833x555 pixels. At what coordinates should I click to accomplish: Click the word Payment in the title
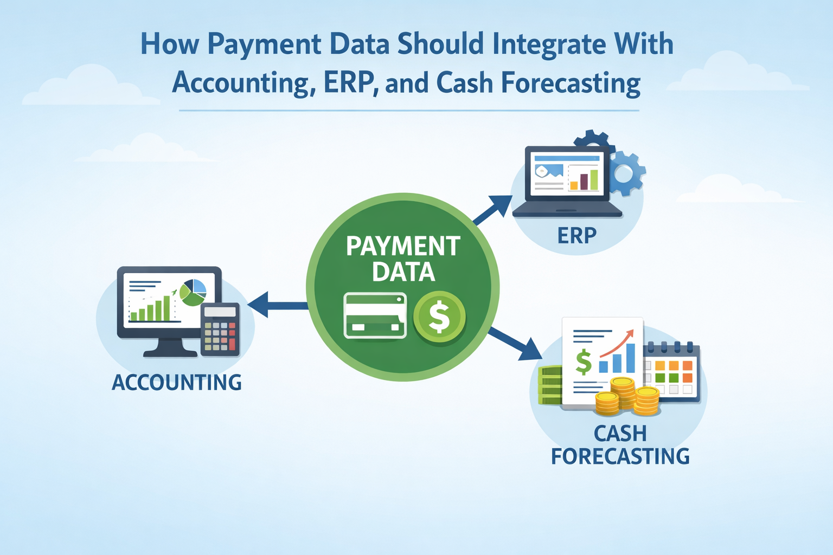coord(264,44)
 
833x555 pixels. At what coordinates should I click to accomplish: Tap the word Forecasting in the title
coord(571,83)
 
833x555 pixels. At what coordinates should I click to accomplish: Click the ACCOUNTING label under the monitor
coord(177,382)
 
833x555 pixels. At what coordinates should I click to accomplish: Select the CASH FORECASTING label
coord(620,444)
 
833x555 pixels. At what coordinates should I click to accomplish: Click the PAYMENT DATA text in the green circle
coord(403,259)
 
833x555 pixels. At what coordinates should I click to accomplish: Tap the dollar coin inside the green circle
coord(439,317)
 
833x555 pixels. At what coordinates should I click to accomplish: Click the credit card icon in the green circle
coord(375,315)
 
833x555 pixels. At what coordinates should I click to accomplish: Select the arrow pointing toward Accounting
coord(278,305)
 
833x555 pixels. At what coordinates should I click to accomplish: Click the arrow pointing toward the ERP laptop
coord(492,210)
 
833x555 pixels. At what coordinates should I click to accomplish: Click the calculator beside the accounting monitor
coord(220,330)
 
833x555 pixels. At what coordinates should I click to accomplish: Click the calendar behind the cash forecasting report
coord(671,372)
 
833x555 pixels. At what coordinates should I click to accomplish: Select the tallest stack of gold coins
coord(622,393)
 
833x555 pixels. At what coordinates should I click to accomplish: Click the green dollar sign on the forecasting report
coord(583,362)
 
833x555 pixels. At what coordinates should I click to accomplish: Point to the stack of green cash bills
coord(550,385)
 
